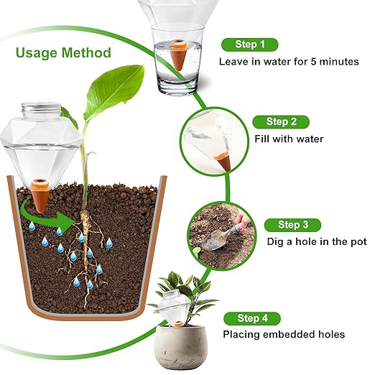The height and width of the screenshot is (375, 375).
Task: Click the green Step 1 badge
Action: pyautogui.click(x=249, y=45)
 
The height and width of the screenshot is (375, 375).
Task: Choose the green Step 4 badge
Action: pyautogui.click(x=251, y=318)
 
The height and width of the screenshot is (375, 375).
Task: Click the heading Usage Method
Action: pyautogui.click(x=63, y=52)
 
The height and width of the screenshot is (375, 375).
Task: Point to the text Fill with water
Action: pyautogui.click(x=289, y=139)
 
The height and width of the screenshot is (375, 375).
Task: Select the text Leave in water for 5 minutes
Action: pyautogui.click(x=288, y=61)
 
